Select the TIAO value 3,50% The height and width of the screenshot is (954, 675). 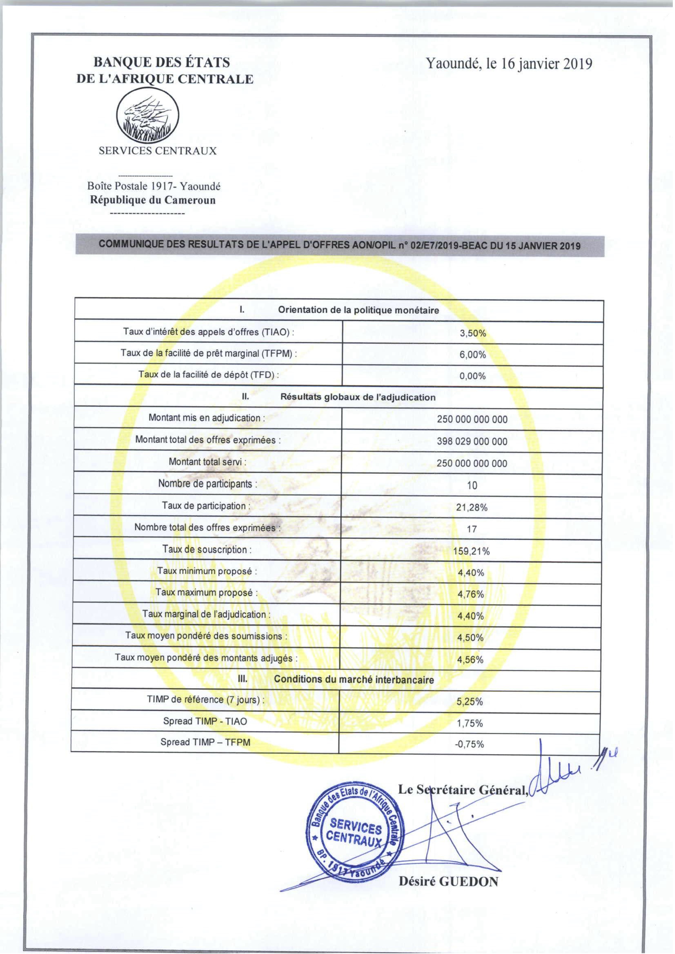pos(472,333)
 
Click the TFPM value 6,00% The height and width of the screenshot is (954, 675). pos(472,355)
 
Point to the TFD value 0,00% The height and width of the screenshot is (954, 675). pos(472,376)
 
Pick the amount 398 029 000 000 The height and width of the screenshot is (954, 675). pos(472,442)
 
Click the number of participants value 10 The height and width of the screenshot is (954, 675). pos(472,486)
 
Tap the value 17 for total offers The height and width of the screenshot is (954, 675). pos(472,529)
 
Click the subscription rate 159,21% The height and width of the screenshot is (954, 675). pos(471,551)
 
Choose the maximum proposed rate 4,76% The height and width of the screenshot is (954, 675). pos(471,595)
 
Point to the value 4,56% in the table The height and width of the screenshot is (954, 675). pos(471,660)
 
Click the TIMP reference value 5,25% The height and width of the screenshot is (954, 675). pos(470,702)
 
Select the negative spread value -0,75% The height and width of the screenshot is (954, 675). pos(470,744)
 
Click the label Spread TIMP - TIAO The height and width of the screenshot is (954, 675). pos(205,721)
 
